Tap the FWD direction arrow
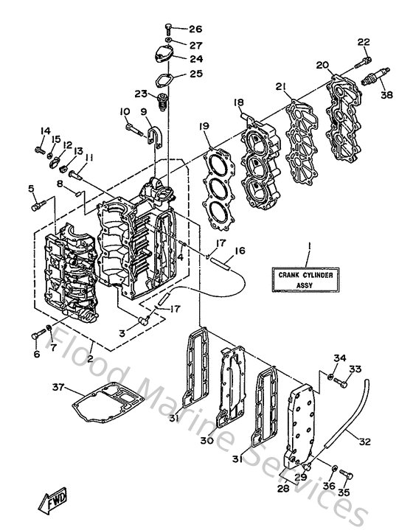[x=56, y=503]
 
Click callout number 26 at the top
[x=194, y=29]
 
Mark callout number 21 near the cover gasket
[x=281, y=87]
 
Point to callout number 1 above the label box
[x=310, y=244]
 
